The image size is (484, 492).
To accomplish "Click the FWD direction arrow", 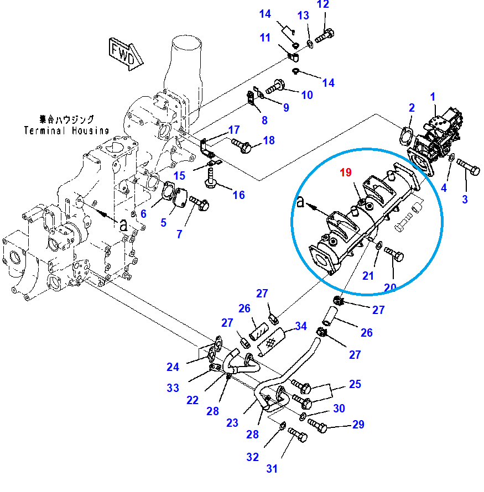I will [126, 53].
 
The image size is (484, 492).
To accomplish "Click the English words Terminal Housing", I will [66, 130].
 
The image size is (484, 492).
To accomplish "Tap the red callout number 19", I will [346, 172].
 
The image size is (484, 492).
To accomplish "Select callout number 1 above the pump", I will [434, 97].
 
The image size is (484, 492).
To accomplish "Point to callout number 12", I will [338, 5].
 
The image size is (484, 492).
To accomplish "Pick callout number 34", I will [300, 326].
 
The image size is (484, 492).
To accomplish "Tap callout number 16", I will [238, 195].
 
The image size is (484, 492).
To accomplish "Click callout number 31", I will [272, 469].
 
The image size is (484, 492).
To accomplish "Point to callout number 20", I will [391, 287].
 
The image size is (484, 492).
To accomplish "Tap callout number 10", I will [307, 95].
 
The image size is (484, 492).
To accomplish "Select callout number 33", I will [173, 388].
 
